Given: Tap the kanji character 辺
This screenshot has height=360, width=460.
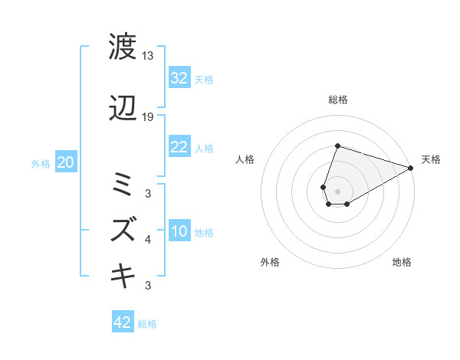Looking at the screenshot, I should pyautogui.click(x=123, y=110).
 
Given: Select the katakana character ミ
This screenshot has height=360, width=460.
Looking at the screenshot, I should pyautogui.click(x=123, y=184).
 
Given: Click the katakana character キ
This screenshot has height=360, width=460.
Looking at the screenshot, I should pyautogui.click(x=123, y=273).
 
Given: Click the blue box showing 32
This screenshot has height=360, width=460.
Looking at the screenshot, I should pyautogui.click(x=179, y=78).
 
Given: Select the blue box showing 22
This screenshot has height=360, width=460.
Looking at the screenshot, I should pyautogui.click(x=179, y=147).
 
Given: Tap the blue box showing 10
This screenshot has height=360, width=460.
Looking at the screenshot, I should pyautogui.click(x=179, y=231).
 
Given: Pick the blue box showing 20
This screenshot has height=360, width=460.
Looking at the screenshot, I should pyautogui.click(x=66, y=162).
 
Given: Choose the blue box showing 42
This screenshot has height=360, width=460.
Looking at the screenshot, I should pyautogui.click(x=123, y=322).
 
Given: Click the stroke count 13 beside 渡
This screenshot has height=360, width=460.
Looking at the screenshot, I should pyautogui.click(x=148, y=56).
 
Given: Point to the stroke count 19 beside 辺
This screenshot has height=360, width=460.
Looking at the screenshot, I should pyautogui.click(x=148, y=117).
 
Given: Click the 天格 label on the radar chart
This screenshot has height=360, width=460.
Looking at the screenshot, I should pyautogui.click(x=431, y=159).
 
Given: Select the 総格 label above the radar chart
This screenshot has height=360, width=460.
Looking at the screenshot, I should pyautogui.click(x=338, y=100).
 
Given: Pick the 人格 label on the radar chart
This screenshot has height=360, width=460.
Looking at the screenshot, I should pyautogui.click(x=245, y=159).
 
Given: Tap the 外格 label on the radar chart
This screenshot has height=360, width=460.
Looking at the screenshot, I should pyautogui.click(x=270, y=263).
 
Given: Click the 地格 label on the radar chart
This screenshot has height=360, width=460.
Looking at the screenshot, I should pyautogui.click(x=402, y=263).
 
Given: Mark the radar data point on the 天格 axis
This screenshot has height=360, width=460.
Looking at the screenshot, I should pyautogui.click(x=411, y=168).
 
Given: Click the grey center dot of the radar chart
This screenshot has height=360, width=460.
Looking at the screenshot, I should pyautogui.click(x=338, y=191).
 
